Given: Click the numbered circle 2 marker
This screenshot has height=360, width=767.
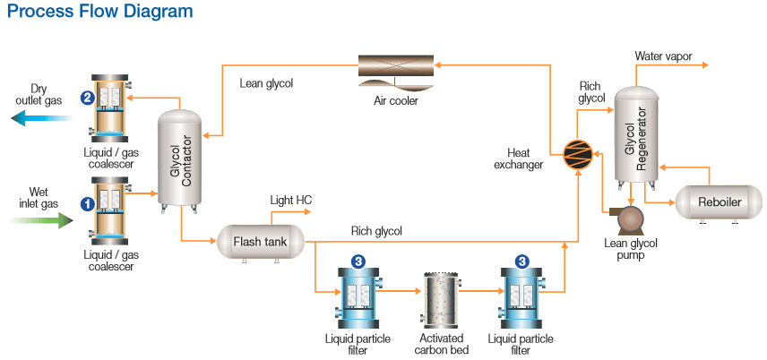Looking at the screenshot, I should click(87, 98).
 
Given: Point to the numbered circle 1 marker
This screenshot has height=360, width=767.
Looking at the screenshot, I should click(87, 203).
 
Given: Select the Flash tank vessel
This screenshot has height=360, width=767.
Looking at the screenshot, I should click(260, 241).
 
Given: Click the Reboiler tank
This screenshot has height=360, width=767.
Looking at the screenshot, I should click(719, 202).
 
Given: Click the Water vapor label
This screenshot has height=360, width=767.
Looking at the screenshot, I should click(664, 56).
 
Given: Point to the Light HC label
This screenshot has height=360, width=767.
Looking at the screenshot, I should click(291, 199).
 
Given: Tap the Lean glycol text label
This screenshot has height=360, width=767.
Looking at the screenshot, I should click(266, 84).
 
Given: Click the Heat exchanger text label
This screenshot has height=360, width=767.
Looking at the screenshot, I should click(524, 159).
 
